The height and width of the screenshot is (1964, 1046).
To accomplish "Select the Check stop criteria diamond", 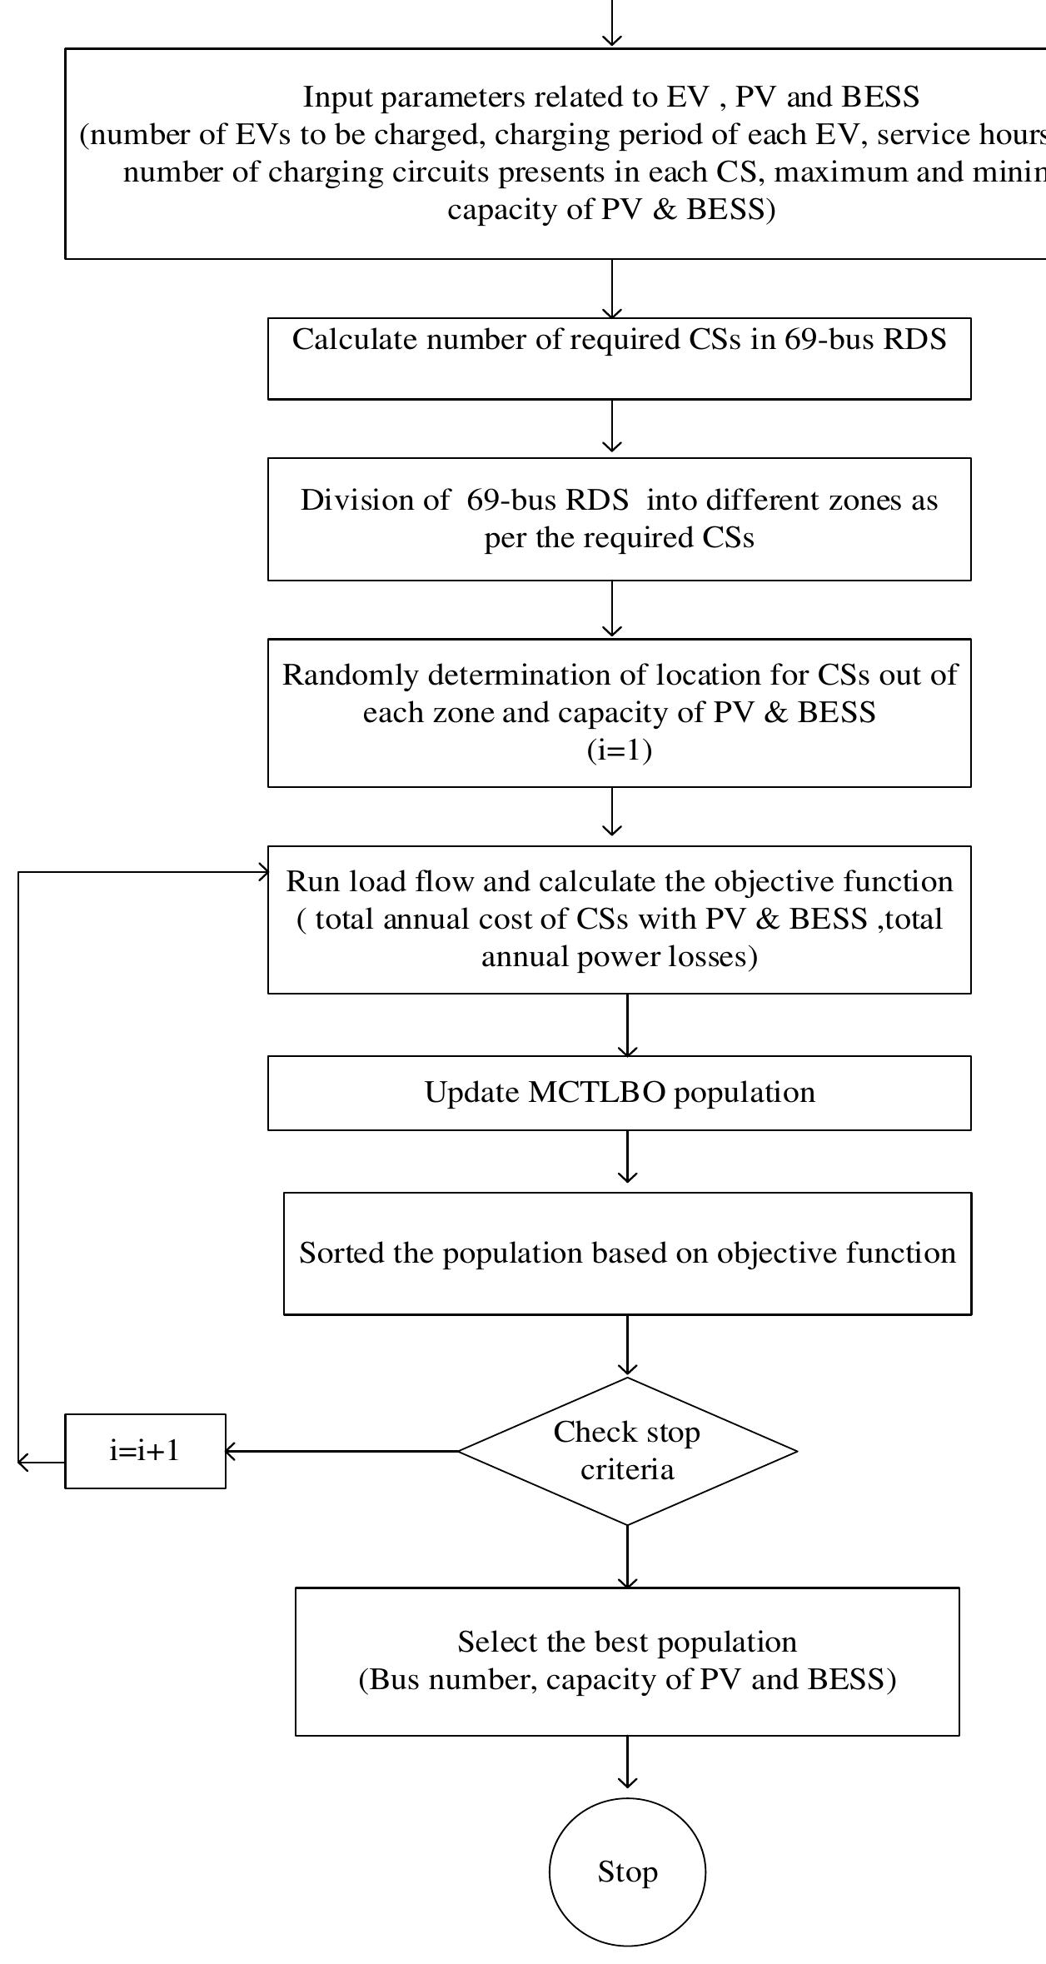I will (627, 1450).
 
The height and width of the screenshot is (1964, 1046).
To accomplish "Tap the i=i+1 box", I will (145, 1450).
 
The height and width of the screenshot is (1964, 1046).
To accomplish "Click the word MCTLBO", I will (597, 1092).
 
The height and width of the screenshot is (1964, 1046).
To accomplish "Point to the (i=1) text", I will (619, 750).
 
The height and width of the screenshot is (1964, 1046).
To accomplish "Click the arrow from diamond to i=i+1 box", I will (341, 1451).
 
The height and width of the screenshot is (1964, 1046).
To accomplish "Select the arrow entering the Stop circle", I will (627, 1764).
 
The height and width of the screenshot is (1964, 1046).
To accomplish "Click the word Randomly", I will (349, 675).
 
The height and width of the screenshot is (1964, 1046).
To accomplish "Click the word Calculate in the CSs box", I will (356, 339).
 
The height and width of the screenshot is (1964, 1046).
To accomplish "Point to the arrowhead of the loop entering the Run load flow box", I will (264, 872).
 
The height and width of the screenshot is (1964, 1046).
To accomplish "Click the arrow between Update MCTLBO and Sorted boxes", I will (627, 1159).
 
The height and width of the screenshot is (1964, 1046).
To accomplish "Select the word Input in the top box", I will (331, 97).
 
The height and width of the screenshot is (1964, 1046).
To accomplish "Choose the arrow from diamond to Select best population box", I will (627, 1556).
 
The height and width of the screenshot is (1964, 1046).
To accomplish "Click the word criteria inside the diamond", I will (627, 1468).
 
